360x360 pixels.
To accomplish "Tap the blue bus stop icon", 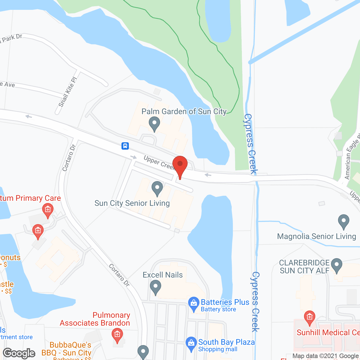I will pos(125,146).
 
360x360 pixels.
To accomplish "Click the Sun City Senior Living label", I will pos(132,203).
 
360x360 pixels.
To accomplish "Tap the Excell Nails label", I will pos(163,275).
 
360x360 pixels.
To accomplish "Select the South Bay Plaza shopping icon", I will pos(191,343).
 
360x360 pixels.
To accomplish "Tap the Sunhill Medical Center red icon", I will pos(309,318).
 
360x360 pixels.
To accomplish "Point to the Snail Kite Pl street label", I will pos(67,92).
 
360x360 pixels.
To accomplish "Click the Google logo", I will pos(19,353).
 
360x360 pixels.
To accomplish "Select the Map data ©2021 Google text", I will pos(325,356).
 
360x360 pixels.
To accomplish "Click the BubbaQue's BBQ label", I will pos(70,349).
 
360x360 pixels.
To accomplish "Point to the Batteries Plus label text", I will pos(225,302).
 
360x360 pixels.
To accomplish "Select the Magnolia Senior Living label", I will pos(316,236).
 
